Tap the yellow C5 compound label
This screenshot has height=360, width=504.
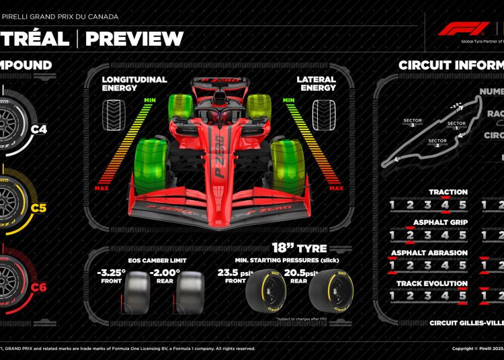pyautogui.click(x=38, y=208)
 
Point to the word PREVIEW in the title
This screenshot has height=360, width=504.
pyautogui.click(x=134, y=38)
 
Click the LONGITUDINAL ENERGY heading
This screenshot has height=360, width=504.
pyautogui.click(x=134, y=83)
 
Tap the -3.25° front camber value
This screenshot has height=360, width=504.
pyautogui.click(x=111, y=273)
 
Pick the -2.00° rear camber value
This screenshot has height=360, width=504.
pyautogui.click(x=165, y=273)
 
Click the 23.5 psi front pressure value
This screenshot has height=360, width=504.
pyautogui.click(x=232, y=273)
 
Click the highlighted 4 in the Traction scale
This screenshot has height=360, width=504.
pyautogui.click(x=445, y=205)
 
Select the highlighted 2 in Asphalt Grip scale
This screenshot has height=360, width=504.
pyautogui.click(x=410, y=235)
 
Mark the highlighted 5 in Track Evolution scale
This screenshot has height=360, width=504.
pyautogui.click(x=462, y=296)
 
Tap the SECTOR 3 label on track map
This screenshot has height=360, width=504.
pyautogui.click(x=410, y=124)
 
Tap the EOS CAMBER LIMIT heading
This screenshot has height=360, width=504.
pyautogui.click(x=152, y=259)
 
